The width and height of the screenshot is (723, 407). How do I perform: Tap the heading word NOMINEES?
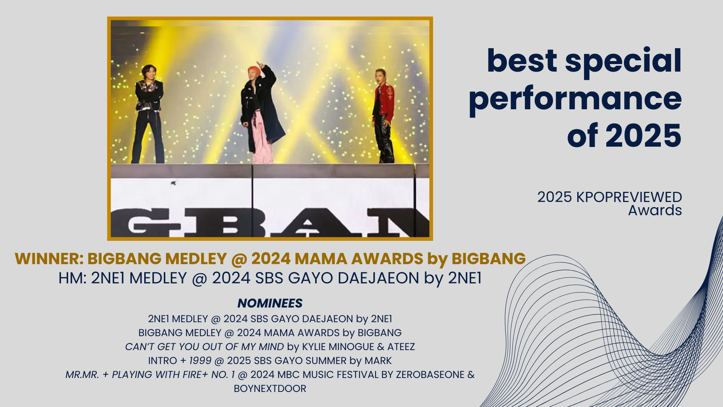[x=270, y=303]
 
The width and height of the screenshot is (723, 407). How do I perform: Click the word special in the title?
[x=623, y=61]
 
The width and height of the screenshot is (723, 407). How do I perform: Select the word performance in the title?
[x=575, y=99]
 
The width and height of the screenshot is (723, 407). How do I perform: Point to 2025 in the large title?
[x=644, y=136]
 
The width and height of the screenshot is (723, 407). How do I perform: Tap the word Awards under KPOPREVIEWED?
[x=655, y=210]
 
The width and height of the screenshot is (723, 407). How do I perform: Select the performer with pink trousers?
[x=262, y=113]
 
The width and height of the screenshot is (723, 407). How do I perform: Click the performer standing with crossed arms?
[x=149, y=113]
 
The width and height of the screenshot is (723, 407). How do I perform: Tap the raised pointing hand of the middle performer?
[x=260, y=64]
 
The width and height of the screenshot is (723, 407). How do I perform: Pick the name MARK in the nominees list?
[x=378, y=361]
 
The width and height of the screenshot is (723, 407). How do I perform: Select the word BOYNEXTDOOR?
[x=270, y=389]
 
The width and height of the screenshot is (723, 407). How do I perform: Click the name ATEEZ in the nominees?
[x=401, y=347]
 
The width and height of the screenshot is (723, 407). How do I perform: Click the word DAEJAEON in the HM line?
[x=378, y=278]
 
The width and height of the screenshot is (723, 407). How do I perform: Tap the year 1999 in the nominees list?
[x=200, y=361]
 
